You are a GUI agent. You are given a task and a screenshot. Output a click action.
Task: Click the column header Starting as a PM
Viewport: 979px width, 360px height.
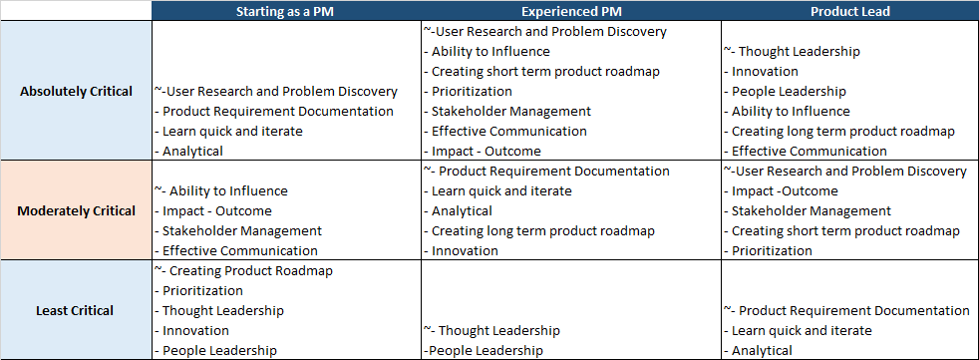pos(285,12)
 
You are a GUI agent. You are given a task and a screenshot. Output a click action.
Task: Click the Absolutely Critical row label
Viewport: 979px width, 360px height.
pos(76,92)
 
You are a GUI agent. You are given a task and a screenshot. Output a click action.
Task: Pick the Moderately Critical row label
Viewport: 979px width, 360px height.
pos(76,211)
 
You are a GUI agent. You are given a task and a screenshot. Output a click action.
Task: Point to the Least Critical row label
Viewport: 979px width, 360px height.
pos(76,311)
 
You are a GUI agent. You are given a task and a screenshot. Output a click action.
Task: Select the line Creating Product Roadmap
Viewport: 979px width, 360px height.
pos(250,271)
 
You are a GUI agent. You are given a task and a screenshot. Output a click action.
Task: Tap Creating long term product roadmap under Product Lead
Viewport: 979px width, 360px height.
pos(842,132)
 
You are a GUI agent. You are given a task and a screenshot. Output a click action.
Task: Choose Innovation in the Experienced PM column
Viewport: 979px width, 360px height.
pos(465,251)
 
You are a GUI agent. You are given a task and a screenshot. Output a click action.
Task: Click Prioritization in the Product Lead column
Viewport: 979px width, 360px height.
pos(772,251)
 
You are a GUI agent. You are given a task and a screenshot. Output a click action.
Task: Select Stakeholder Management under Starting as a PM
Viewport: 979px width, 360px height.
pos(242,231)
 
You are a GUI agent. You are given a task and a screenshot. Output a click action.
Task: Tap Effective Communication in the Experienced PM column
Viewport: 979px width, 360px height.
pos(508,132)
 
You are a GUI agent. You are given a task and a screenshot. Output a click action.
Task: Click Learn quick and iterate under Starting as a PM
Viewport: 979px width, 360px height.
pos(232,132)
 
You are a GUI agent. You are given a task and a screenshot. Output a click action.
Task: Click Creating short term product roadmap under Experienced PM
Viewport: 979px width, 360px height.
pos(545,72)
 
